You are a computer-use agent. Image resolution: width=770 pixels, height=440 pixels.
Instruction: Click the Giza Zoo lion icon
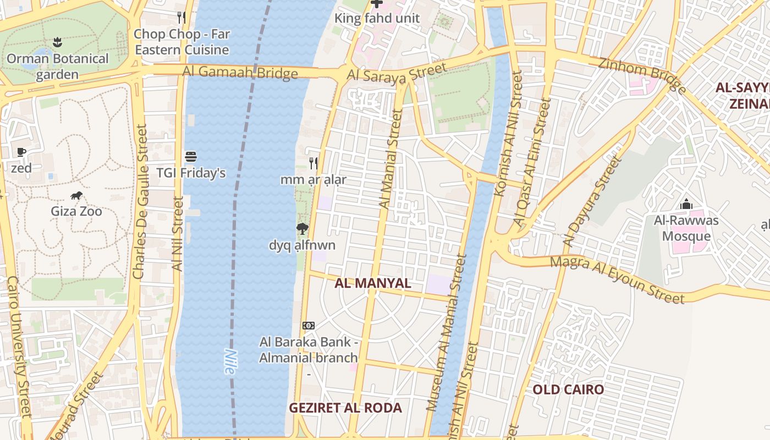[x=76, y=195]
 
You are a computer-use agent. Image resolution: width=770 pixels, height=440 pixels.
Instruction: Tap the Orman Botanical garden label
[x=57, y=67]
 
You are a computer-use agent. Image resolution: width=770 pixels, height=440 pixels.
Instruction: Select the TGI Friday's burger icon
[x=191, y=157]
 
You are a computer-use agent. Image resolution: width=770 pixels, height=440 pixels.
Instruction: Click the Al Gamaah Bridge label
[x=240, y=72]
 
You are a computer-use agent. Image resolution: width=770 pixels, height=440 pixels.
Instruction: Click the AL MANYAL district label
[x=373, y=283]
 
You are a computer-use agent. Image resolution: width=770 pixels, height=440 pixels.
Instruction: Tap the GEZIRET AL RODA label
[x=345, y=408]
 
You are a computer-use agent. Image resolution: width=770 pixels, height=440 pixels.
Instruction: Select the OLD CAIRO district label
[x=568, y=389]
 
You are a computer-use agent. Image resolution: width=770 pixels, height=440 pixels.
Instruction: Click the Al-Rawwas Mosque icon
[x=686, y=205]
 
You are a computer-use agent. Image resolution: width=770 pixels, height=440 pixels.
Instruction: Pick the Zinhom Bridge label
[x=642, y=74]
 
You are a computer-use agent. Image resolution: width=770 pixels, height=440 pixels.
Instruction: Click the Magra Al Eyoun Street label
[x=617, y=279]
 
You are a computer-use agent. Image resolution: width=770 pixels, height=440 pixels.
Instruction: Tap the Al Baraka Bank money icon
[x=309, y=326]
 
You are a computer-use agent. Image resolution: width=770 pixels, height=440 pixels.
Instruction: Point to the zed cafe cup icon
[x=21, y=152]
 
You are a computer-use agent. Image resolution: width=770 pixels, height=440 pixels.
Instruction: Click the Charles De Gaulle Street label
[x=141, y=201]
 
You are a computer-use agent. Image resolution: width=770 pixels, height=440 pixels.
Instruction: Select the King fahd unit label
[x=377, y=18]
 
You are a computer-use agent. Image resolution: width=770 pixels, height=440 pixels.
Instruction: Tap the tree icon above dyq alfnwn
[x=301, y=229]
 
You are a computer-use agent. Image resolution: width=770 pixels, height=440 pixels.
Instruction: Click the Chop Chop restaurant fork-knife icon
[x=182, y=18]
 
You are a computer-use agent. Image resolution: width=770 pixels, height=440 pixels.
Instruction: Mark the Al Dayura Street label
[x=591, y=202]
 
